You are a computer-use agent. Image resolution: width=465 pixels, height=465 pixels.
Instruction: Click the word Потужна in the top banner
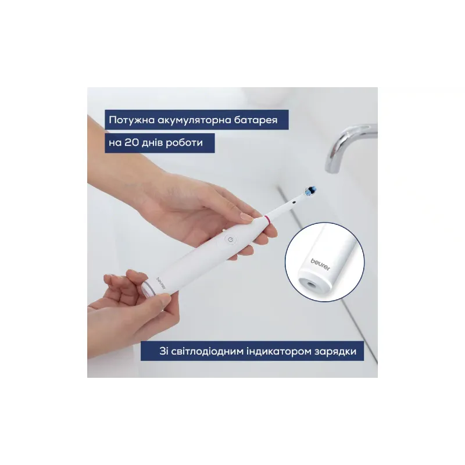click(x=132, y=120)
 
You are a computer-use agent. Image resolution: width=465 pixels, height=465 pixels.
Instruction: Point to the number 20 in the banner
click(x=131, y=142)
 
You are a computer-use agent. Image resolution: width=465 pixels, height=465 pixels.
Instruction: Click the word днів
click(x=152, y=143)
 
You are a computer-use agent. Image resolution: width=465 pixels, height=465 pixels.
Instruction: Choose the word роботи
click(x=184, y=143)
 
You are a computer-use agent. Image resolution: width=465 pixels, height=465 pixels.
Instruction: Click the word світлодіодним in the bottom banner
click(x=208, y=352)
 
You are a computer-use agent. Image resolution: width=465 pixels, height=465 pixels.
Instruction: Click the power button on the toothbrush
click(x=231, y=239)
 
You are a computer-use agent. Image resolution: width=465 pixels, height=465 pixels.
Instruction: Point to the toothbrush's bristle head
click(x=310, y=191)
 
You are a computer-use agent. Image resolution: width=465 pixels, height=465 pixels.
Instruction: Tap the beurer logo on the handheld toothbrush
click(x=161, y=283)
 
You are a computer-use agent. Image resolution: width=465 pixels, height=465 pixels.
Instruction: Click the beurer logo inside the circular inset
click(x=320, y=264)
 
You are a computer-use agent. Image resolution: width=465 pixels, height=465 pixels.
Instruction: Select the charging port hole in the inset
click(x=310, y=285)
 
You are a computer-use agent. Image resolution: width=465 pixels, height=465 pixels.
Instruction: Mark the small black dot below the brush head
click(x=294, y=202)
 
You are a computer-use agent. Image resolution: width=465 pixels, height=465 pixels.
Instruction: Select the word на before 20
click(x=115, y=143)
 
